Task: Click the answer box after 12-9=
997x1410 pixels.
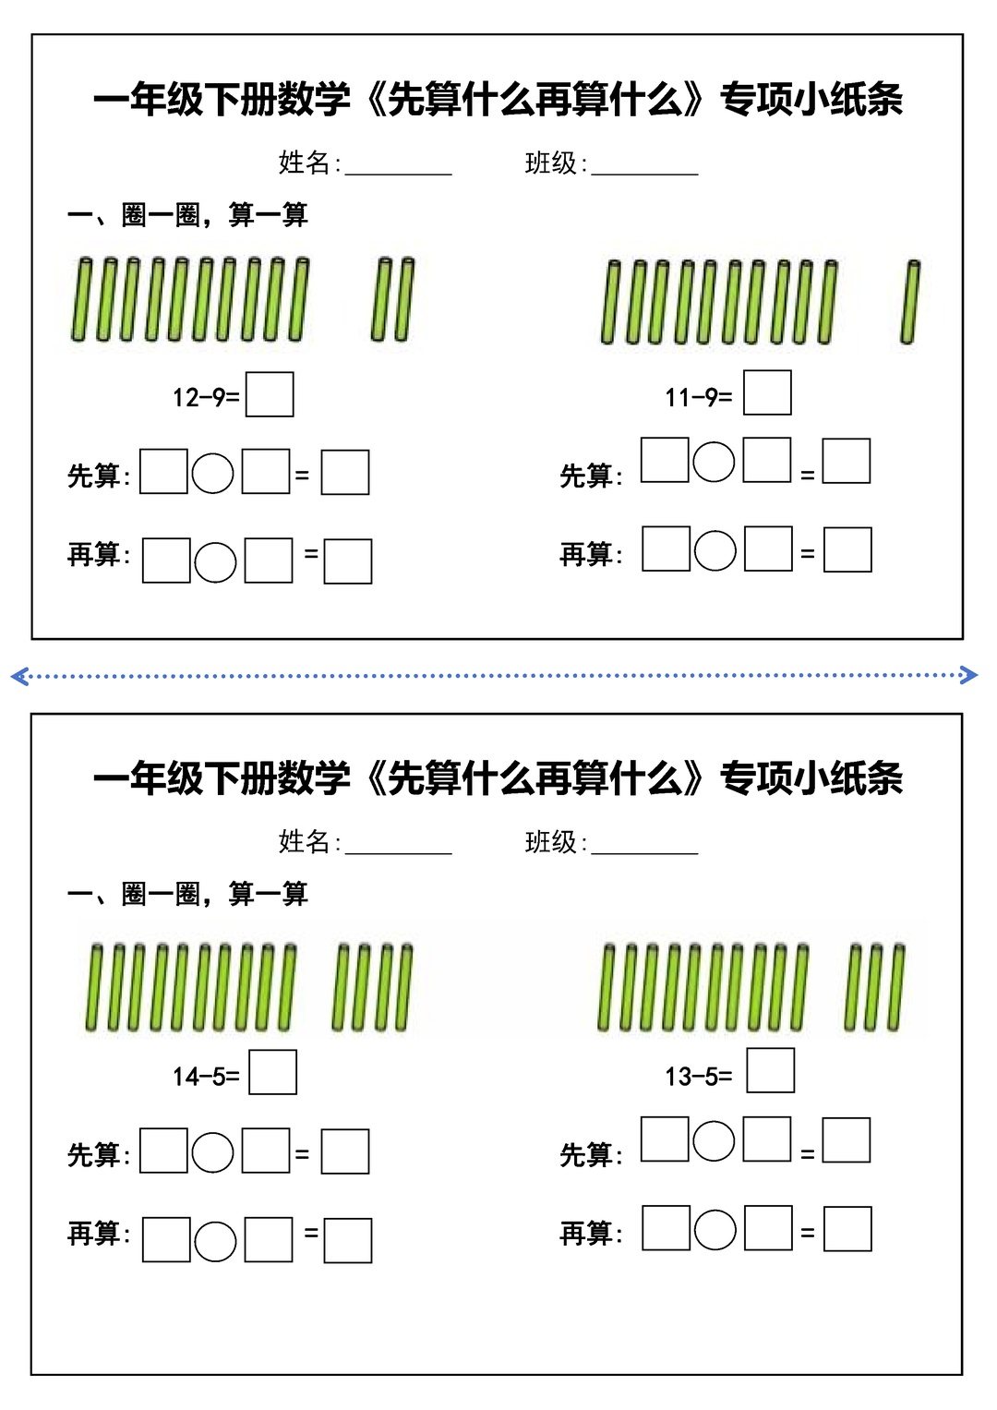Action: point(270,394)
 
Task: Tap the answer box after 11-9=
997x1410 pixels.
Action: point(767,392)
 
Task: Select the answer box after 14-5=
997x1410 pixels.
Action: point(272,1072)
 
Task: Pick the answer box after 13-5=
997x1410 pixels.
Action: point(771,1070)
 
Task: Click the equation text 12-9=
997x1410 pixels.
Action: point(206,398)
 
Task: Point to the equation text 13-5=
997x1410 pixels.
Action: point(699,1077)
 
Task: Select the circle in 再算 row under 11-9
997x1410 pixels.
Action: point(715,550)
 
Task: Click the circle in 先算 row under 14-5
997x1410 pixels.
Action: point(212,1152)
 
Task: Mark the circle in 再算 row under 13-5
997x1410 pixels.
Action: point(715,1229)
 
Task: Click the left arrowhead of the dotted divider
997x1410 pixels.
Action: point(18,676)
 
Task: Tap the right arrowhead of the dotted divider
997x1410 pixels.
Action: point(969,675)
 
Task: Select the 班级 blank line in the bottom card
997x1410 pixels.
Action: point(645,853)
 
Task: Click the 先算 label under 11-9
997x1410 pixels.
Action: point(591,476)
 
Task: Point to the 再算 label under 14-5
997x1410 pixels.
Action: point(99,1233)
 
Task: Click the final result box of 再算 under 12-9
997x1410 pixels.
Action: point(348,560)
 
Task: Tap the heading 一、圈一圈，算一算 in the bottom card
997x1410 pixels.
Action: point(187,894)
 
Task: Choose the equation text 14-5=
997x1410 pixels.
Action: point(206,1077)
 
